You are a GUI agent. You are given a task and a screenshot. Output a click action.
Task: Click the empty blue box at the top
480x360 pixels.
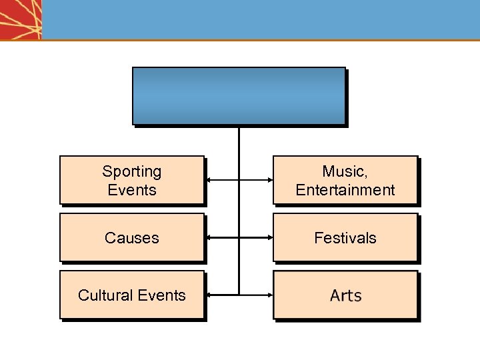(x=239, y=95)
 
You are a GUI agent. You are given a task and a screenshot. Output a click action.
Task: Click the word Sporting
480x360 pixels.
(x=131, y=171)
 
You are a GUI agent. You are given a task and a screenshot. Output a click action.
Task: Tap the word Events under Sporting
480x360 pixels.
(x=131, y=190)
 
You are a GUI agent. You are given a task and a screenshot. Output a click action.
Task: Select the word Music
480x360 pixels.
(x=343, y=171)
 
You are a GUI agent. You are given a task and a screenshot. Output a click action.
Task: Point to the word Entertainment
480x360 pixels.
(x=345, y=190)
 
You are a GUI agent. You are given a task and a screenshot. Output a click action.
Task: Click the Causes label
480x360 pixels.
(x=131, y=238)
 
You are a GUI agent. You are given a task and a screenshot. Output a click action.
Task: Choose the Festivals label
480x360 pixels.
(x=345, y=238)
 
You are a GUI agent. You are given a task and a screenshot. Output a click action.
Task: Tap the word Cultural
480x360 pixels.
(x=107, y=295)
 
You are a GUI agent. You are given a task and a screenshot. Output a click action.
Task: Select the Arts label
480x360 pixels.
(x=345, y=295)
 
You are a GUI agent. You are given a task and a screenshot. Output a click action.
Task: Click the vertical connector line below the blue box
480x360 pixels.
(x=239, y=143)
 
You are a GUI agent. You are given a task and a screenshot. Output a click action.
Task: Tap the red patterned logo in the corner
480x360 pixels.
(x=21, y=19)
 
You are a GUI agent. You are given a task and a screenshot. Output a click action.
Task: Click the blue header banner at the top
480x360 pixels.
(x=260, y=19)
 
